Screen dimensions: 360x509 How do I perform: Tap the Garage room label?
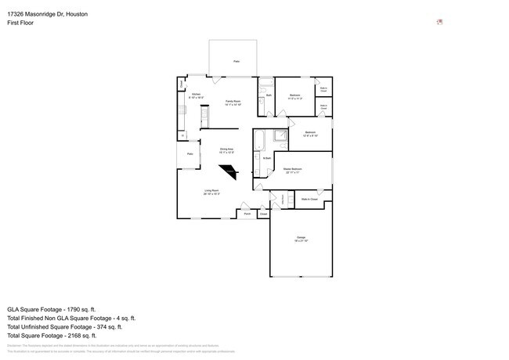click(301, 239)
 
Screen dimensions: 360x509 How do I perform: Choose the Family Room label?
click(233, 102)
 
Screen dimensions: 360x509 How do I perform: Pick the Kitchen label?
click(197, 96)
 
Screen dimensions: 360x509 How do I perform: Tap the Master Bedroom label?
click(293, 170)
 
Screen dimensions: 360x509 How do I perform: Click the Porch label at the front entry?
click(247, 213)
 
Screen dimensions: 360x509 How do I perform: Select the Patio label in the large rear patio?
click(236, 60)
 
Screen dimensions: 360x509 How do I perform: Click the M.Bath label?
click(267, 159)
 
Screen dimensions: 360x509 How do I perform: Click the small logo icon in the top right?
click(440, 22)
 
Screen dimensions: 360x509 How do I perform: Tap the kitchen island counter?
click(204, 118)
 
